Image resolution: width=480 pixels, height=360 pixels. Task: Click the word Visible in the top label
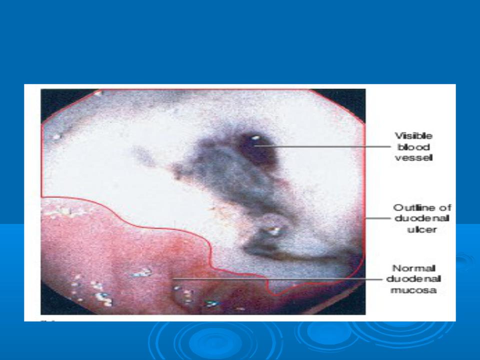point(413,135)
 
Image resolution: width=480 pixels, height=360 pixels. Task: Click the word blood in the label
point(413,147)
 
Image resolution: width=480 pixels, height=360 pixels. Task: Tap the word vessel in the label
point(413,157)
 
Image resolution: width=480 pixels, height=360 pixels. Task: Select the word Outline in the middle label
point(413,207)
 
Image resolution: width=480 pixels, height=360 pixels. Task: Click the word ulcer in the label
point(422,229)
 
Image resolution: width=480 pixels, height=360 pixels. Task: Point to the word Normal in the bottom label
point(413,268)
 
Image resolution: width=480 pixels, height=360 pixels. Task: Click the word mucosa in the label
point(413,290)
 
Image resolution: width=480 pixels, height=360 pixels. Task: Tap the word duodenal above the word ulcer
point(422,218)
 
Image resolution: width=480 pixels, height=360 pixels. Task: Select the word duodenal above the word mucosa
point(413,279)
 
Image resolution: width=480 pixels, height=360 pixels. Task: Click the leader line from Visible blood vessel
point(322,146)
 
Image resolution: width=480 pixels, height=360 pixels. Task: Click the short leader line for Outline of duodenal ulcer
point(378,218)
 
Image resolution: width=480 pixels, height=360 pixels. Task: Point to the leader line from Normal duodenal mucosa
point(277,279)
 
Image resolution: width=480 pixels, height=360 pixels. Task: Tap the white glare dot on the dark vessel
point(255,138)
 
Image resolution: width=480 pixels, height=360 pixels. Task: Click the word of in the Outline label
point(445,207)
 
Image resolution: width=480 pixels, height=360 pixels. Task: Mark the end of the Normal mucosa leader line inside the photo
point(173,279)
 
